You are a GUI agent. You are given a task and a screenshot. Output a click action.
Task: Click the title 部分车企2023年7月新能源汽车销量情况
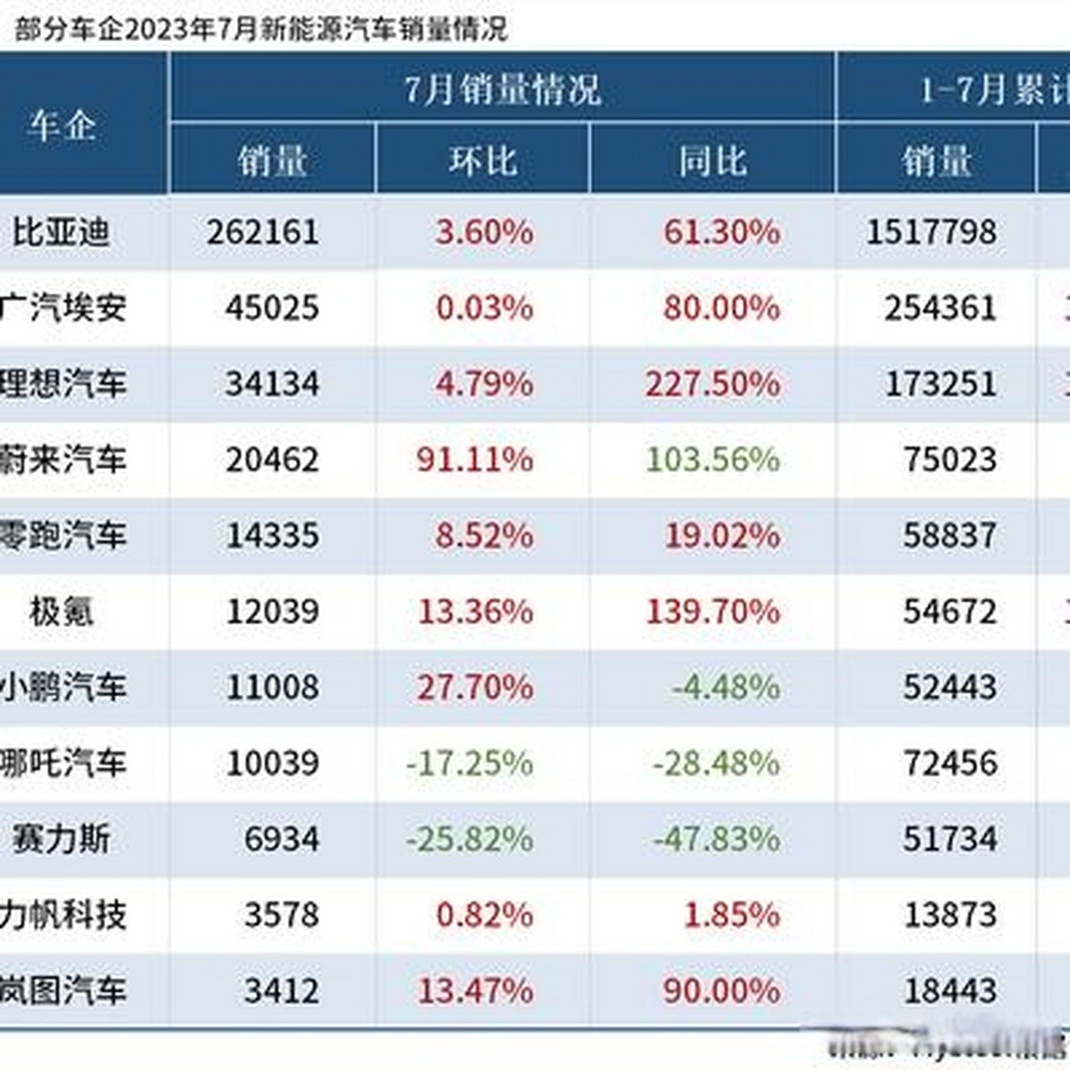pyautogui.click(x=261, y=28)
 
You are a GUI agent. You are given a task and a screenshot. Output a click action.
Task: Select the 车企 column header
pyautogui.click(x=62, y=126)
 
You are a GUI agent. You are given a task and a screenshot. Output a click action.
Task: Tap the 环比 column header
pyautogui.click(x=482, y=160)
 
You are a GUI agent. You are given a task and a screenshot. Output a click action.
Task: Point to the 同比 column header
pyautogui.click(x=712, y=160)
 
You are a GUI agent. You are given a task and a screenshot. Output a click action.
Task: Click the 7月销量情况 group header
pyautogui.click(x=502, y=89)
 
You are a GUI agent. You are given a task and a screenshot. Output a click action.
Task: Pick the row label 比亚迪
pyautogui.click(x=61, y=232)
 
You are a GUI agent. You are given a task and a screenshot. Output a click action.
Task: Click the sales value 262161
pyautogui.click(x=263, y=232)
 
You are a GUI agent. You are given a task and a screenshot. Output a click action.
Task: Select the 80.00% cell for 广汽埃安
pyautogui.click(x=721, y=308)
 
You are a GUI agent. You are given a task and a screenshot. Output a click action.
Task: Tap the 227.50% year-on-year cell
pyautogui.click(x=712, y=384)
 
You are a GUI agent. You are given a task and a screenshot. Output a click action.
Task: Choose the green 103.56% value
pyautogui.click(x=712, y=459)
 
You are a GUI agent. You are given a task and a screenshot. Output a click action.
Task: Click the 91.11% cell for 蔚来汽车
pyautogui.click(x=475, y=459)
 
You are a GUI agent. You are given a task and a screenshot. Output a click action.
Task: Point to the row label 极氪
pyautogui.click(x=61, y=611)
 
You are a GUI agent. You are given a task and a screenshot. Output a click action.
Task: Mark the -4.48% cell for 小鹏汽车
pyautogui.click(x=726, y=687)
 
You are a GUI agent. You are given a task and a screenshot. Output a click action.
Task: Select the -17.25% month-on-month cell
pyautogui.click(x=470, y=763)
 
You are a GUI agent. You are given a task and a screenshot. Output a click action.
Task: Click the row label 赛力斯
pyautogui.click(x=61, y=838)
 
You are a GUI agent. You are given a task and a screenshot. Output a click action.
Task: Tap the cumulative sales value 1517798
pyautogui.click(x=931, y=232)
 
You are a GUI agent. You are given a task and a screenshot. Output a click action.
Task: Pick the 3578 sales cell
pyautogui.click(x=282, y=915)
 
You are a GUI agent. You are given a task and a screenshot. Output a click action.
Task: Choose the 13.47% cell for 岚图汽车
pyautogui.click(x=475, y=991)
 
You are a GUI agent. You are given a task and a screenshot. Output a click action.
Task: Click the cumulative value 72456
pyautogui.click(x=950, y=763)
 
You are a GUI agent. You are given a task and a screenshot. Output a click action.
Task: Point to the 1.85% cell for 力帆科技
pyautogui.click(x=731, y=915)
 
